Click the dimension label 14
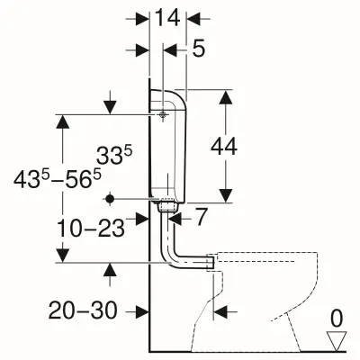168,15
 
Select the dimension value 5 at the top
198,49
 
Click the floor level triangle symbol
337,339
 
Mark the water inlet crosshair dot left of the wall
110,198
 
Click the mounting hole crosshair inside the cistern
163,115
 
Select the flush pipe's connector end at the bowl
211,261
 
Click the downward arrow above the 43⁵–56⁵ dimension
110,106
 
